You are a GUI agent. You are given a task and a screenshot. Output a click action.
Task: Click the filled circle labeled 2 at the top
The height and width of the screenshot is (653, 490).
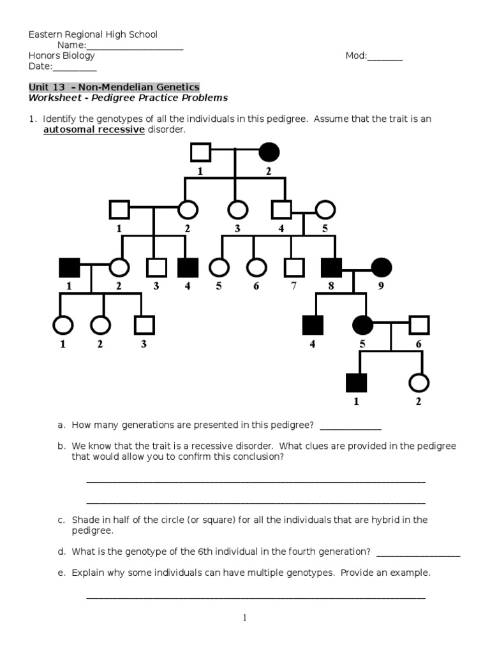[x=269, y=152]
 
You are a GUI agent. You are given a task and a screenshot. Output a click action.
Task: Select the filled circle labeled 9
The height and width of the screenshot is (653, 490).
[x=381, y=267]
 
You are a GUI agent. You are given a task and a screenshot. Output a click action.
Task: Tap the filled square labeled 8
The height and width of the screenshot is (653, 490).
[x=330, y=267]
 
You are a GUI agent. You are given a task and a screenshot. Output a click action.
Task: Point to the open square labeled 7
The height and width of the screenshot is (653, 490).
[x=293, y=267]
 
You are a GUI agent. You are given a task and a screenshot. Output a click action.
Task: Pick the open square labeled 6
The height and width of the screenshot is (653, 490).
[x=419, y=325]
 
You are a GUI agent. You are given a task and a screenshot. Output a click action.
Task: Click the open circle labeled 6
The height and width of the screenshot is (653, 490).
[x=256, y=267]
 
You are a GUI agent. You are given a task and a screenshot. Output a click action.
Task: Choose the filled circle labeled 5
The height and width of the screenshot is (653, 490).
[x=363, y=325]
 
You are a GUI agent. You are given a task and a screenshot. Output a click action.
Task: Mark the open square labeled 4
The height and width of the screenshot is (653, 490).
[x=281, y=209]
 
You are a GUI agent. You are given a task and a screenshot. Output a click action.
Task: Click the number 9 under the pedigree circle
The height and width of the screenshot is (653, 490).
[x=381, y=286]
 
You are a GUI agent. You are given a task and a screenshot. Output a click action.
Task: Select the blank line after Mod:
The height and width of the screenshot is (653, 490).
[x=385, y=56]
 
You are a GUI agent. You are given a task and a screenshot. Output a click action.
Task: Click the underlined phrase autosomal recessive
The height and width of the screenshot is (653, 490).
[x=94, y=130]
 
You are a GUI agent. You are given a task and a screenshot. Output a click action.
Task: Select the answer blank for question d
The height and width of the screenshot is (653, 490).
[x=419, y=552]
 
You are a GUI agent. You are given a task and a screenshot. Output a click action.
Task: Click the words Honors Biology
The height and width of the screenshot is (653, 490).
[x=62, y=55]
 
